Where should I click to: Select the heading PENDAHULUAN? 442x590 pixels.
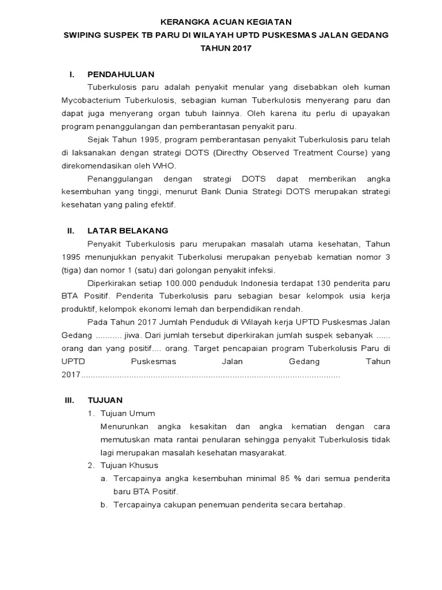[120, 74]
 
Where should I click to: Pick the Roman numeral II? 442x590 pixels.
[70, 231]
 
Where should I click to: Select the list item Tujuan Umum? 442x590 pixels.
[127, 413]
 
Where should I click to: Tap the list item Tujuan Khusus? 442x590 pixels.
[129, 466]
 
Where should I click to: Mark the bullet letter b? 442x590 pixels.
[104, 505]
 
